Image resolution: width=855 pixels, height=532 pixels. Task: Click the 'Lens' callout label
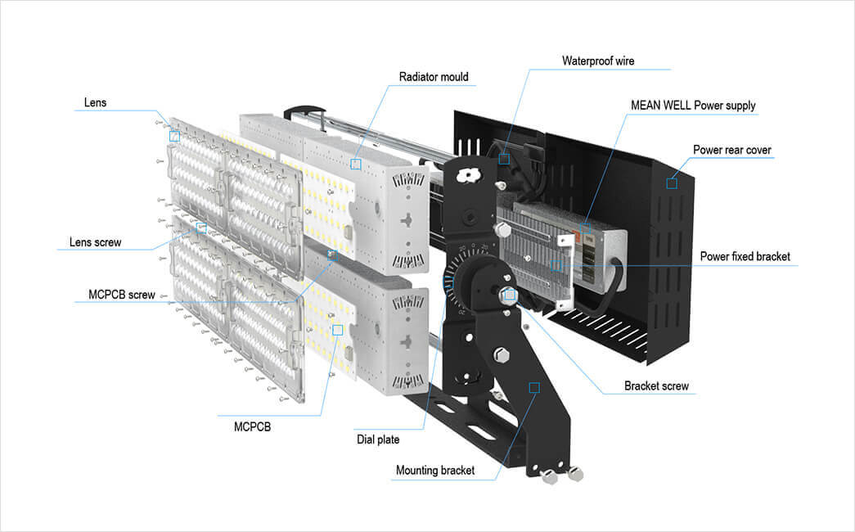click(x=95, y=103)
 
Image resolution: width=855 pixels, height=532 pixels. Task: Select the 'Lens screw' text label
click(x=95, y=242)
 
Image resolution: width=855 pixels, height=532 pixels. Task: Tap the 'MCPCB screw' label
click(x=121, y=295)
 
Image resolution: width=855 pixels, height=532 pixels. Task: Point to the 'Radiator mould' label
click(x=434, y=78)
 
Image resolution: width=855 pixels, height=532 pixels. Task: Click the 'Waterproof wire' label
click(x=598, y=61)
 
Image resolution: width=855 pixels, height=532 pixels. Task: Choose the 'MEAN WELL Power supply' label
click(x=693, y=106)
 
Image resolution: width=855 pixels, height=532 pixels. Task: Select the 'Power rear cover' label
click(x=732, y=150)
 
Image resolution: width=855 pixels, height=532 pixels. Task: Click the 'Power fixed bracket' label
click(x=745, y=257)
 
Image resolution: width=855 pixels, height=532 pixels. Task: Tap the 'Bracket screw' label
click(x=656, y=385)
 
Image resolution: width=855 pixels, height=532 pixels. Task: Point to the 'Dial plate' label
click(x=377, y=440)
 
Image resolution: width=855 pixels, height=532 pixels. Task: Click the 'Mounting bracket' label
click(x=434, y=471)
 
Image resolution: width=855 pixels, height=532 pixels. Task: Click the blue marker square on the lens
click(x=174, y=137)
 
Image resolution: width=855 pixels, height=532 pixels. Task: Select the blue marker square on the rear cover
click(x=672, y=183)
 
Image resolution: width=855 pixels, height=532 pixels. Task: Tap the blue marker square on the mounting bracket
click(x=534, y=387)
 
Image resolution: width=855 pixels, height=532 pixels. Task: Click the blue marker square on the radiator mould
click(x=356, y=165)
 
